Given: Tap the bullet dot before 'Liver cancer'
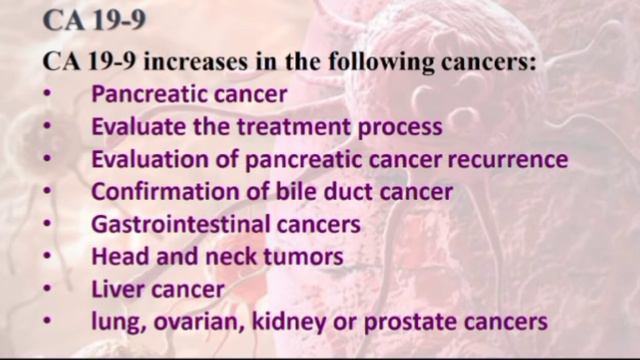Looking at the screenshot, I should click(49, 289).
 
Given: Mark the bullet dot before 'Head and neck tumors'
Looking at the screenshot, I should click(49, 257).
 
